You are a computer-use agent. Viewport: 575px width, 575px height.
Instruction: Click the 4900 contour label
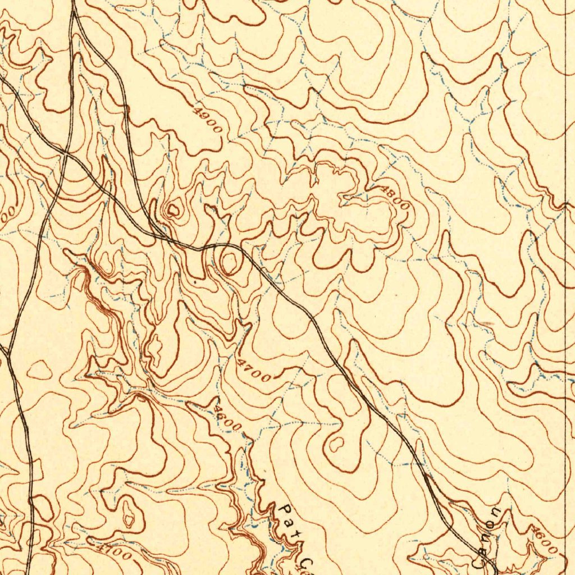pos(207,119)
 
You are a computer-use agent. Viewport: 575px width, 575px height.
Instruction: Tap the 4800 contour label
pos(395,198)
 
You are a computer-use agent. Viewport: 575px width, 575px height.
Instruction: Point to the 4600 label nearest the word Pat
pos(227,419)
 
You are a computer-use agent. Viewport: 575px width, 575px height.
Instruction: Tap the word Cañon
pos(488,536)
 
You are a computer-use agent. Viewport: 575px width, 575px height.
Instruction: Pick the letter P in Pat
pos(282,510)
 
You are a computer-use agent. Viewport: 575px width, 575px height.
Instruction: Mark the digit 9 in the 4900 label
pos(203,115)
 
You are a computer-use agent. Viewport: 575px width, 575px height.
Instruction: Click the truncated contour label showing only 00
pos(7,216)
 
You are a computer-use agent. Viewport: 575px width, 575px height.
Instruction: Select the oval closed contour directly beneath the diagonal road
pos(230,262)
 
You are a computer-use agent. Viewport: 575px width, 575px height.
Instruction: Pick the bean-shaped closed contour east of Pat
pos(336,444)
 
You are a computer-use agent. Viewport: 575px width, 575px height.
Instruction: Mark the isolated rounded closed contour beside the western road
pos(40,370)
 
